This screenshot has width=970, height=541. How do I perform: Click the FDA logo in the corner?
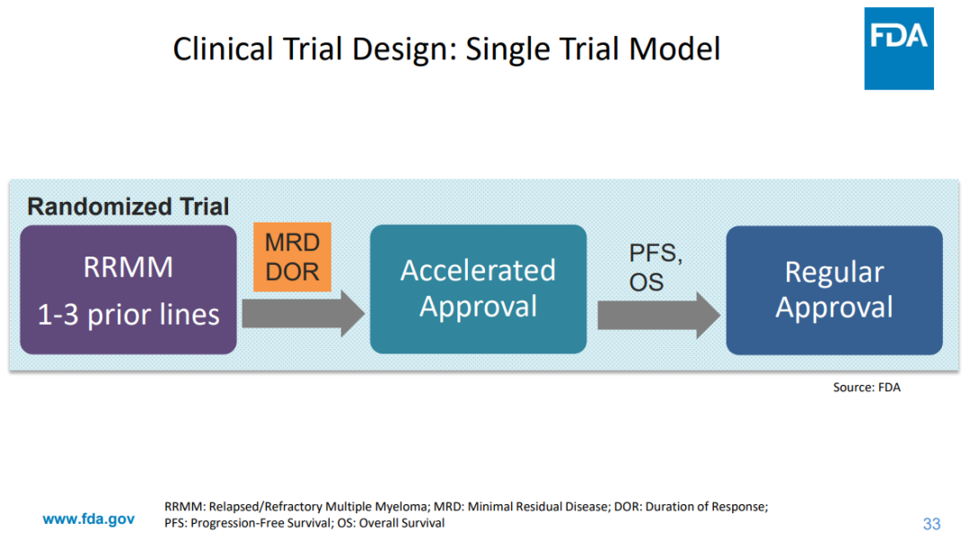(898, 48)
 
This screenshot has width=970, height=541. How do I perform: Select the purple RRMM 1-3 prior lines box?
(128, 290)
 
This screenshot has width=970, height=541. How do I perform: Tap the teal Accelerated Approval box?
(478, 289)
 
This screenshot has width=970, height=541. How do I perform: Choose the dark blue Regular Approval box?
(833, 290)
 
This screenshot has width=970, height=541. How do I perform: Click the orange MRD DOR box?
(292, 257)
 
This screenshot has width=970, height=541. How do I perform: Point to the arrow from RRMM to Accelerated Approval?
(303, 314)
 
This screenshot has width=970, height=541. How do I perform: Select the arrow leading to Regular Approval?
(658, 315)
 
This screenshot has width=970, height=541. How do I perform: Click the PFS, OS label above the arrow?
(655, 267)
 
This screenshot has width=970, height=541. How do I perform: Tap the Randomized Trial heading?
(128, 206)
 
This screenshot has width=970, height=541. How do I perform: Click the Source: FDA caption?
(866, 388)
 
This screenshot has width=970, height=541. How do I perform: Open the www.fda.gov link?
(89, 519)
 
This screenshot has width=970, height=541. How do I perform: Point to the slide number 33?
(931, 523)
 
